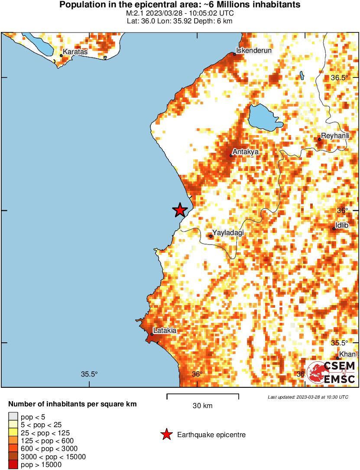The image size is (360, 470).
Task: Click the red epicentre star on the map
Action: [x=180, y=210]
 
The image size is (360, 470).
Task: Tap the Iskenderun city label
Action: [x=253, y=50]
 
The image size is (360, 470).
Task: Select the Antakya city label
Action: [x=246, y=152]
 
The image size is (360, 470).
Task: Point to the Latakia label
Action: [x=165, y=330]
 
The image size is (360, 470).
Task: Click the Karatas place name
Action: [x=75, y=52]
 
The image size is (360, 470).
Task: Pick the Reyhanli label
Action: [x=335, y=136]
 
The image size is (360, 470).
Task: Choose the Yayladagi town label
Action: [x=228, y=233]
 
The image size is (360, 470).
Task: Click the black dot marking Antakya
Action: [x=231, y=155]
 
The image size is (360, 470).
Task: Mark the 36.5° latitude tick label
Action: [x=339, y=78]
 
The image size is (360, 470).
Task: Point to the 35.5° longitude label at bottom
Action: [x=90, y=374]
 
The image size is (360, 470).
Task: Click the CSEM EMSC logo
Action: [x=331, y=372]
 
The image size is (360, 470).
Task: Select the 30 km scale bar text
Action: [x=202, y=406]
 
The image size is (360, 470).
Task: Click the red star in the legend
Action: [x=166, y=435]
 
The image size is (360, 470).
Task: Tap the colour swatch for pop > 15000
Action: [x=13, y=465]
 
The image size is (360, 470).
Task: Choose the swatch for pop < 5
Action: [x=13, y=416]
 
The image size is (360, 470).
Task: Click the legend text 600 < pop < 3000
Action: [x=47, y=449]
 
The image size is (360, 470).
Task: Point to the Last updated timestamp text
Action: [x=308, y=397]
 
